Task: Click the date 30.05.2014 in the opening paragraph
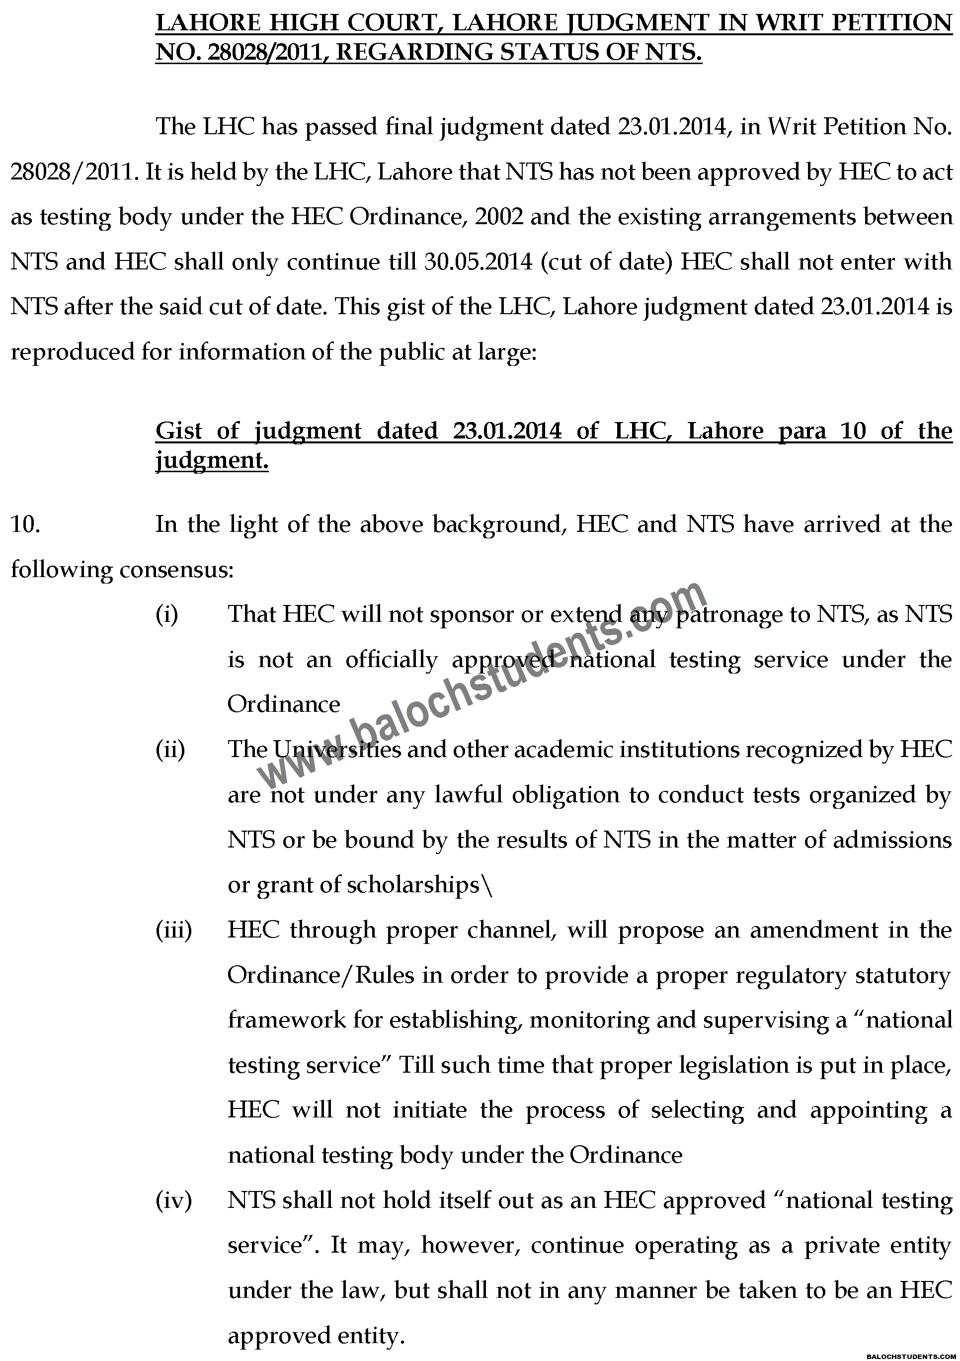tap(478, 261)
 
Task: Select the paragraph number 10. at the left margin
tap(25, 524)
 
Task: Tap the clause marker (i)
tap(166, 614)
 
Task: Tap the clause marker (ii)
tap(170, 749)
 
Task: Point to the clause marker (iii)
tap(173, 930)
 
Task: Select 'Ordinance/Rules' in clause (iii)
tap(320, 975)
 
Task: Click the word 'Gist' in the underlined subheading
tap(179, 430)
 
